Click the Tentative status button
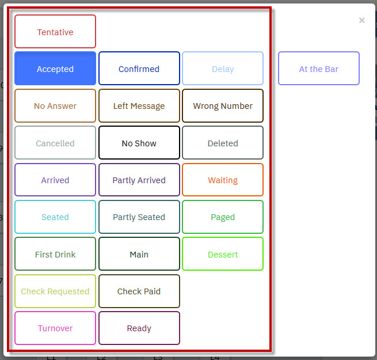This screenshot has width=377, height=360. pos(55,32)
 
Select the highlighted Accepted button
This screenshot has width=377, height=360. pos(55,69)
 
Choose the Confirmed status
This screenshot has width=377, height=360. pos(139,69)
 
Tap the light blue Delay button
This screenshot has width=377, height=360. pos(223,69)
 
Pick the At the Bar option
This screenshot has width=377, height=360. pos(319,69)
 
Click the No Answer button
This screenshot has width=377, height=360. pos(55,105)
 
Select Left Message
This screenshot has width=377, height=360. pos(139,105)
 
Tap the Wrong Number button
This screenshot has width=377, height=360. pos(223,105)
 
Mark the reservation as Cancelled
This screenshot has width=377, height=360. pos(55,143)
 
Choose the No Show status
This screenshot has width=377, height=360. pos(139,143)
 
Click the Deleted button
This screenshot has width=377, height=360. pos(223,143)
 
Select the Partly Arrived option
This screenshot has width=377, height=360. pos(139,180)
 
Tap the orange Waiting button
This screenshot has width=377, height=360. pos(223,180)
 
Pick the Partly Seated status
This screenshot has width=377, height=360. pos(139,217)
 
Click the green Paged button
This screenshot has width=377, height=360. pos(223,217)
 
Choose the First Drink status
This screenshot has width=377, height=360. pos(55,254)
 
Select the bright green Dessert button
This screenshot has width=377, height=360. pos(223,254)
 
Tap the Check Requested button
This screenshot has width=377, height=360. pos(55,291)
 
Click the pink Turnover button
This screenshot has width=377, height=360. pos(55,328)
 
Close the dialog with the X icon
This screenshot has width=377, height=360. pos(362,20)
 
